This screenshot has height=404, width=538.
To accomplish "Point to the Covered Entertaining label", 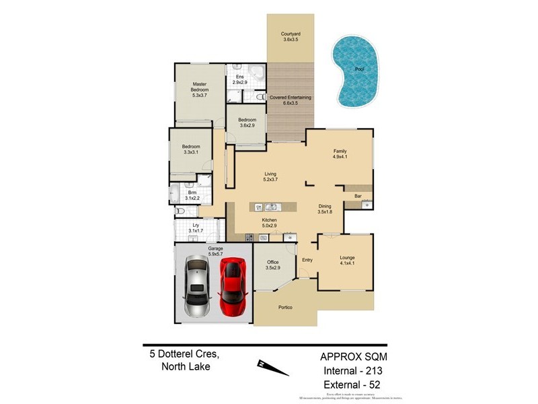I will [290, 98].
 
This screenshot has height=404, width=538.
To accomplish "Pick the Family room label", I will [340, 151].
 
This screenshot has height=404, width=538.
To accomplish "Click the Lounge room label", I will [347, 257].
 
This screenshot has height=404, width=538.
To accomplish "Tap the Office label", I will [272, 262].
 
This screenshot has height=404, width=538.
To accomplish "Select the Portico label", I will [286, 307].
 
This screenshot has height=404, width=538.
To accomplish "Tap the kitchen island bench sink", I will [272, 207].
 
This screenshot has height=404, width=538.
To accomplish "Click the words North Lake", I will [186, 366].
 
